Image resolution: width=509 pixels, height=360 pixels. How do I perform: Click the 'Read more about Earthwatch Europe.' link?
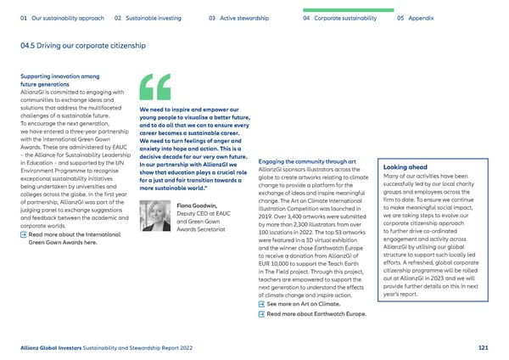point(316,315)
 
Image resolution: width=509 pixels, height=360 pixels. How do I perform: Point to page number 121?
point(482,346)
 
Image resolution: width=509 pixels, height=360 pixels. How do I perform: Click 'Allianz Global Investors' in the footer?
point(53,346)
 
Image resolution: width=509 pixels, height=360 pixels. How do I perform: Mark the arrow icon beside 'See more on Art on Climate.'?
point(260,304)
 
